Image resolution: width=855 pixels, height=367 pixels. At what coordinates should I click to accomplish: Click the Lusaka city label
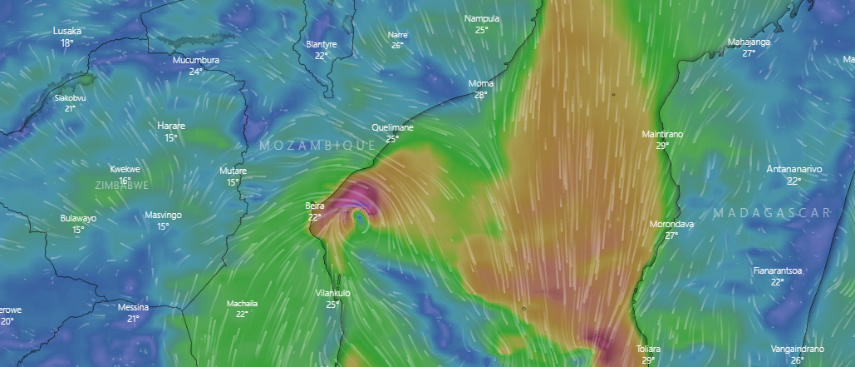tap(66, 31)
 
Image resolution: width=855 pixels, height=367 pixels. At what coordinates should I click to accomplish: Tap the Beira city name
tap(315, 205)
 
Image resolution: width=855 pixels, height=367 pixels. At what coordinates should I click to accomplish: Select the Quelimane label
tap(392, 127)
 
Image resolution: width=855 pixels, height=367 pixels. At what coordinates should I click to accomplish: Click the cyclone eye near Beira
tap(358, 216)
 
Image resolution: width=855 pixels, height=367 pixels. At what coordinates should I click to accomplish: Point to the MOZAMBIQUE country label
tap(317, 146)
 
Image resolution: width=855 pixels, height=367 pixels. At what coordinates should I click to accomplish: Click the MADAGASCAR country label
tap(772, 214)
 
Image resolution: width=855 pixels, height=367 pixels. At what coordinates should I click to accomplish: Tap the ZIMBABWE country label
tap(122, 185)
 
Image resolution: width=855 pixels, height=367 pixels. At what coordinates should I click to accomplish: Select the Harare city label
tap(171, 126)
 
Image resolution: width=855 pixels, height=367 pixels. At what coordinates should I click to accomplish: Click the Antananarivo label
tap(794, 169)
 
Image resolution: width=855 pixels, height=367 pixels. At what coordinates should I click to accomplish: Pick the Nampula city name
tap(482, 18)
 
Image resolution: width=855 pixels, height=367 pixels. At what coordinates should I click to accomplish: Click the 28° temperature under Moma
tap(480, 95)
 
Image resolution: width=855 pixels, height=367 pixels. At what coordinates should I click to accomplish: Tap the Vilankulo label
tap(333, 293)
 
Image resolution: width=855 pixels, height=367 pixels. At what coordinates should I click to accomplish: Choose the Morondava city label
tap(672, 224)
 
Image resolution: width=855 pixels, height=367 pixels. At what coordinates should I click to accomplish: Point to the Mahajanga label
tap(749, 42)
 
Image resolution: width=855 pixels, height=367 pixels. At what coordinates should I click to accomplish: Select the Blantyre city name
tap(322, 44)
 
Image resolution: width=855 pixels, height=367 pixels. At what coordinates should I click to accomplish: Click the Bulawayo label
tap(78, 218)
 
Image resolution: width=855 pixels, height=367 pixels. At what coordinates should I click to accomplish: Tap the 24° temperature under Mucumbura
tap(195, 72)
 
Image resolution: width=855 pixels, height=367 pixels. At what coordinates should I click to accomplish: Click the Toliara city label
tap(648, 349)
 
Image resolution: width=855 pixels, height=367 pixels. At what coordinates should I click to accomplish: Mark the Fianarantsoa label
tap(777, 270)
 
